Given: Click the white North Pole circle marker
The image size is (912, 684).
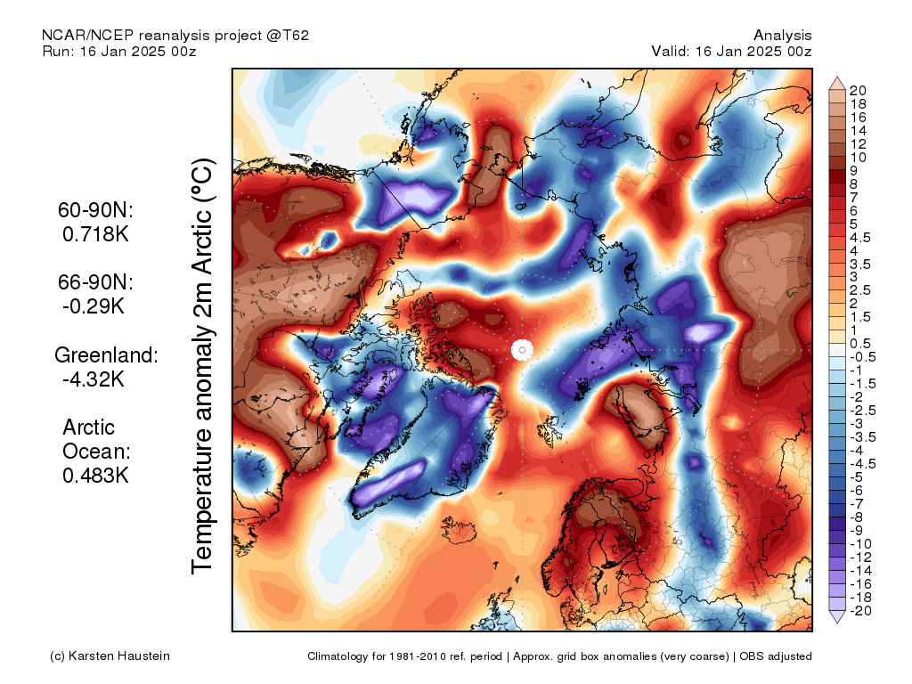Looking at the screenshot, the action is pos(522,349).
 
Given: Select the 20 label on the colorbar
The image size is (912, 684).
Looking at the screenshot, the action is pos(858,90).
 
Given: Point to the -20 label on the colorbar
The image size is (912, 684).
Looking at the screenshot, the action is pos(860,611).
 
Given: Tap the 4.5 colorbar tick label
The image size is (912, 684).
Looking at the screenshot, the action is pos(860,237).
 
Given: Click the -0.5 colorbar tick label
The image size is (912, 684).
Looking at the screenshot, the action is pos(862,357).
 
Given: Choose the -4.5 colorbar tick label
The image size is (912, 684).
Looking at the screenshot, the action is pos(862,464).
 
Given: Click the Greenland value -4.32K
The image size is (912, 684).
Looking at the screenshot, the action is pos(94,379).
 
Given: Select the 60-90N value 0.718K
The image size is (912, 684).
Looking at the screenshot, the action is pos(95,234).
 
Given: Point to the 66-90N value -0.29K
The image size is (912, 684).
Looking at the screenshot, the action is pos(94,306).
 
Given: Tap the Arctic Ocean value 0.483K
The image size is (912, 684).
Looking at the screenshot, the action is pos(95,476).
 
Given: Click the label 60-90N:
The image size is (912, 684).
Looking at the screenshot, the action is pos(95,210).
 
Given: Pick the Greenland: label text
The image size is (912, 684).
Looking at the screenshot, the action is pos(106,354).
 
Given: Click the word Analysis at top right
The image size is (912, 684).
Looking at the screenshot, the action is pos(782,36).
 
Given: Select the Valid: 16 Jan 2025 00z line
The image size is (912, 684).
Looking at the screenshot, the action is pos(731,51).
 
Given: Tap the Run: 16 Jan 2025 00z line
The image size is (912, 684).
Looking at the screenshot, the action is pos(119,51).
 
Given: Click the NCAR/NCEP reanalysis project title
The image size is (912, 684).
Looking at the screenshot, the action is pos(175,36).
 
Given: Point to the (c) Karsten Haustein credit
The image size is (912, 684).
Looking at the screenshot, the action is pos(110,656).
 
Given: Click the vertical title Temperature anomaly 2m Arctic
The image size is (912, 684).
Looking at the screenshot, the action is pos(202,366).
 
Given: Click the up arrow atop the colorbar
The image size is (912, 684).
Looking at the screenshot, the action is pos(837,83).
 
